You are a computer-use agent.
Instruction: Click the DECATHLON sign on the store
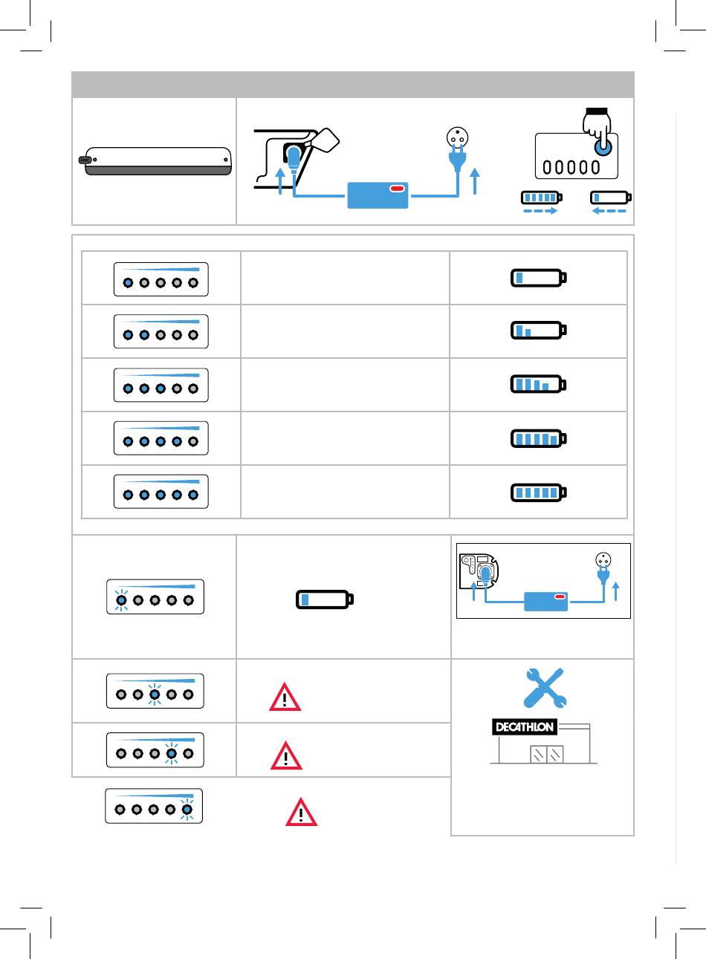525,726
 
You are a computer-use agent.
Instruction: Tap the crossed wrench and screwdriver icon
545,688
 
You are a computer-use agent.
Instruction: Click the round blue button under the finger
603,147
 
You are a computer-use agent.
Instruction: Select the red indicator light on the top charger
398,189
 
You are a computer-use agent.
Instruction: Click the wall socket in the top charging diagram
457,137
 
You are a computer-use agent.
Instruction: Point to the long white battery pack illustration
155,161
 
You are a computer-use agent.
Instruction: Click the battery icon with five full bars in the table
539,492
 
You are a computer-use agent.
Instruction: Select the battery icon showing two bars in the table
539,330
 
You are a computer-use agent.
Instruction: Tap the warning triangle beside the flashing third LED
285,697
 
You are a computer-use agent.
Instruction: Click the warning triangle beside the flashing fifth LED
301,812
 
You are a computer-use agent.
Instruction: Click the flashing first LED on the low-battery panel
122,600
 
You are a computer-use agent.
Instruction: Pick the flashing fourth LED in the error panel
172,753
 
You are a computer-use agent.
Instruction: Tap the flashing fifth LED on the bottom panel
187,809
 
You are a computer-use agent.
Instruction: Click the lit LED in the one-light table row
128,282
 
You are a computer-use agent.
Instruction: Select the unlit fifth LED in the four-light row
193,441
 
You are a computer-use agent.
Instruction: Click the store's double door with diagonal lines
547,754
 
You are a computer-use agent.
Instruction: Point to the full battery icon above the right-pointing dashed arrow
542,198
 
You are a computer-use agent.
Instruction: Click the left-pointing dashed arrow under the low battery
609,211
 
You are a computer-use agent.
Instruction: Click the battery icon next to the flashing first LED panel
325,599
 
